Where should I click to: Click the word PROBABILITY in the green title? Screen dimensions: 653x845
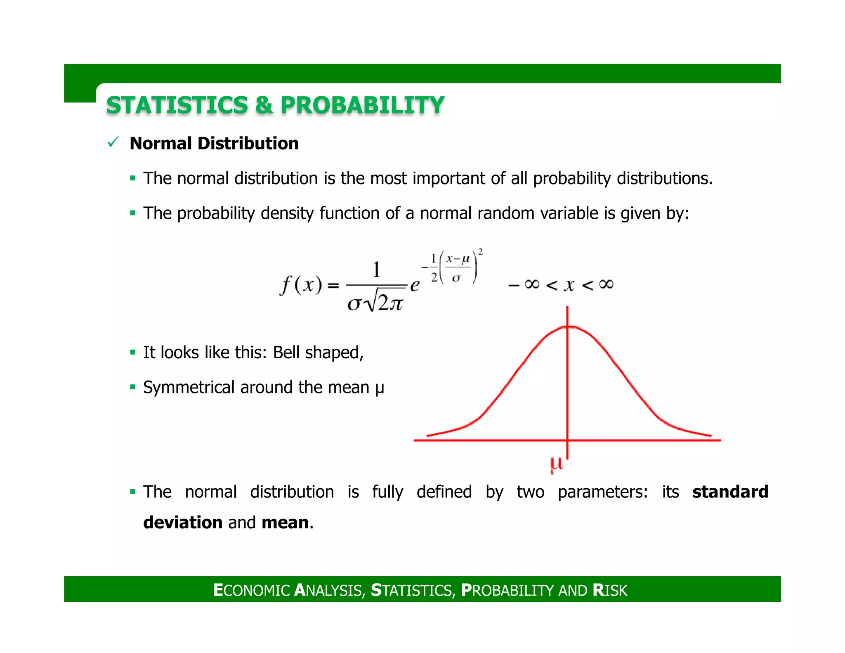pos(362,105)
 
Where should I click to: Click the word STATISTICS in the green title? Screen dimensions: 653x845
pos(177,105)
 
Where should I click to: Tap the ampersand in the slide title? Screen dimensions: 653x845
pos(264,105)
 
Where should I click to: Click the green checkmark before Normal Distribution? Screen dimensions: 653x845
pos(113,142)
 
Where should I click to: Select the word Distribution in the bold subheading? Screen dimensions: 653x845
pos(248,143)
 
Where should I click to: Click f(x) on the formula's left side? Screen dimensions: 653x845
pos(301,285)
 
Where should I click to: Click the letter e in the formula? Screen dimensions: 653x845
pos(415,285)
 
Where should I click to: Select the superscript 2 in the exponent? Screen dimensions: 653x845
pos(480,251)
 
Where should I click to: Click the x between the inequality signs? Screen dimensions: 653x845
pos(569,285)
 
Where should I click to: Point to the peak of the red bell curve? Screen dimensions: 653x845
pos(568,326)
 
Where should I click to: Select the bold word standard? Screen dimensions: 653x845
pos(730,492)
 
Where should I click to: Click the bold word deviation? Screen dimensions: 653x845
pos(183,522)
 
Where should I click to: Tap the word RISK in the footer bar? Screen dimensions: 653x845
pos(610,590)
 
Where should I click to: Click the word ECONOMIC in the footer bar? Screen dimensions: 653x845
pos(252,590)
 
